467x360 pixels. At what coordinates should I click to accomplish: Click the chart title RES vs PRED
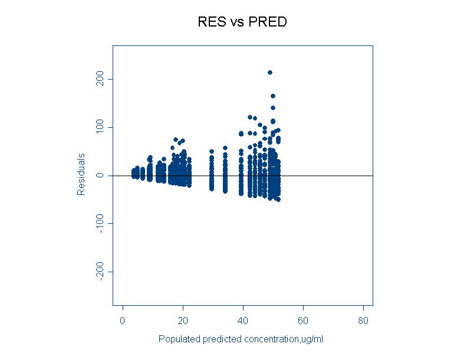click(x=242, y=22)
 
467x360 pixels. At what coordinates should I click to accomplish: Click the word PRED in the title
click(x=268, y=22)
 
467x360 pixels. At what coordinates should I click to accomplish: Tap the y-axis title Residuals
click(x=81, y=174)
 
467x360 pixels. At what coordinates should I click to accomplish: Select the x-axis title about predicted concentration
click(x=241, y=339)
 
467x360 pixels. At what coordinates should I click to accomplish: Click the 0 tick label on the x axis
click(x=123, y=321)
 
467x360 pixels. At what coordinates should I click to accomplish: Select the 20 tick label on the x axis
click(x=183, y=321)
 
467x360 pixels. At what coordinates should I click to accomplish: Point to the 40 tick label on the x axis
click(x=243, y=321)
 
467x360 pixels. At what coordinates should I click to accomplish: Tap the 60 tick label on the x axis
click(x=303, y=321)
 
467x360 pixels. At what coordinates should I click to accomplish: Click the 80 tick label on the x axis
click(x=363, y=321)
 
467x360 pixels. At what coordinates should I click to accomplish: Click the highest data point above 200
click(x=270, y=72)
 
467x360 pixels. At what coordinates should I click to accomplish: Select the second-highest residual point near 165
click(x=273, y=96)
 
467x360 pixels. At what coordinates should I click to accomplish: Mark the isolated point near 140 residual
click(x=273, y=108)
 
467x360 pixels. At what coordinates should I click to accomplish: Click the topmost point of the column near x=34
click(x=225, y=148)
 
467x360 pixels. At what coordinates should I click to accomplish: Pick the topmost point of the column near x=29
click(x=212, y=151)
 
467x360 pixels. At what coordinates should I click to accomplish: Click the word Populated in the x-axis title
click(x=178, y=339)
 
